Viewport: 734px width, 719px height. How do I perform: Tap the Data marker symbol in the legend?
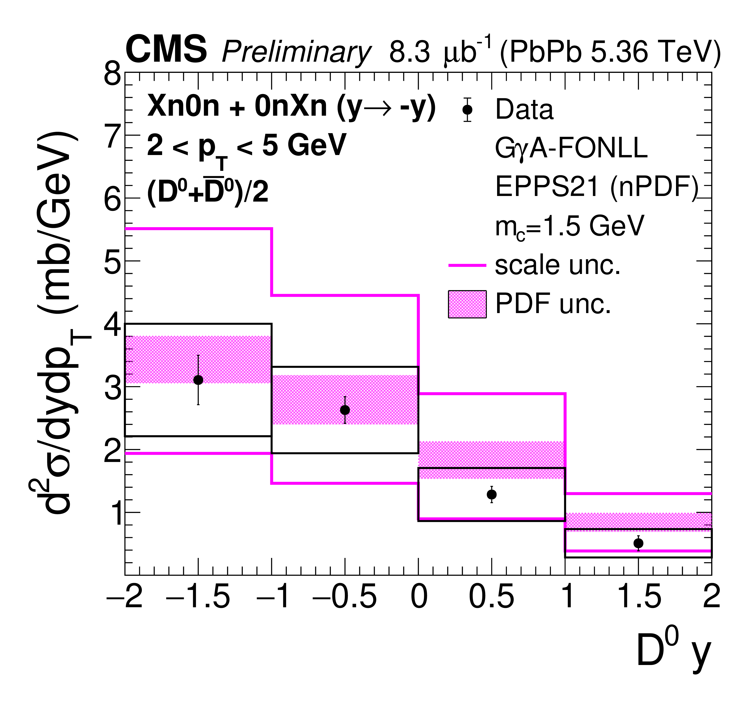[468, 109]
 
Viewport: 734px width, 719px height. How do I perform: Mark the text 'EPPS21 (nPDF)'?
[596, 187]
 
